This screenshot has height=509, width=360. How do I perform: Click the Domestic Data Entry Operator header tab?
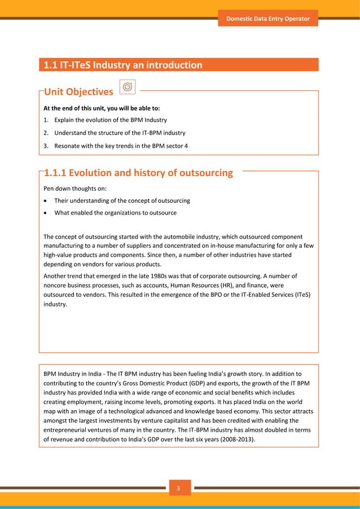click(268, 19)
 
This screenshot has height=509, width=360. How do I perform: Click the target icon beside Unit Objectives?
click(128, 87)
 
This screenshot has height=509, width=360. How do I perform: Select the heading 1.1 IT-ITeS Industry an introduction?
click(123, 65)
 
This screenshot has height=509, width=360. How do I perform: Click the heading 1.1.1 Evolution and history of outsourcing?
click(138, 173)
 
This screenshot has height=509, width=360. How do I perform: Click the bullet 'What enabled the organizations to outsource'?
click(115, 213)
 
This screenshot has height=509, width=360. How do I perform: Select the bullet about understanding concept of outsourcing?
click(122, 200)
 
